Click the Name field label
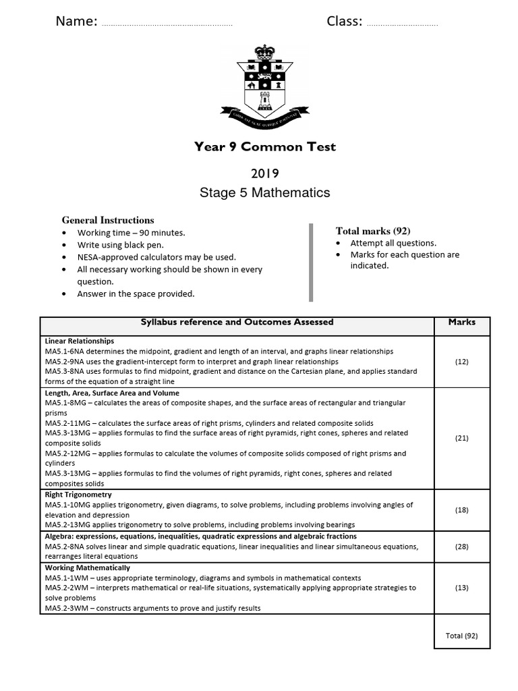[x=76, y=22]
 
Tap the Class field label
[x=344, y=22]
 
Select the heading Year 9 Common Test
[x=264, y=146]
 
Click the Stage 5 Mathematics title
[x=264, y=193]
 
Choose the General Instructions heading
[x=108, y=220]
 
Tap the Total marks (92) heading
[x=373, y=231]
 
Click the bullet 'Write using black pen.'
[x=120, y=245]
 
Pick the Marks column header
[x=461, y=322]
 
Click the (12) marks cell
[x=461, y=362]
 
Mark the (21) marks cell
[x=461, y=438]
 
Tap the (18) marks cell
[x=461, y=510]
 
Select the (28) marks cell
[x=461, y=546]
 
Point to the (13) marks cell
[x=461, y=588]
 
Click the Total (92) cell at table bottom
[x=461, y=636]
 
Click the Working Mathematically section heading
[x=88, y=568]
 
